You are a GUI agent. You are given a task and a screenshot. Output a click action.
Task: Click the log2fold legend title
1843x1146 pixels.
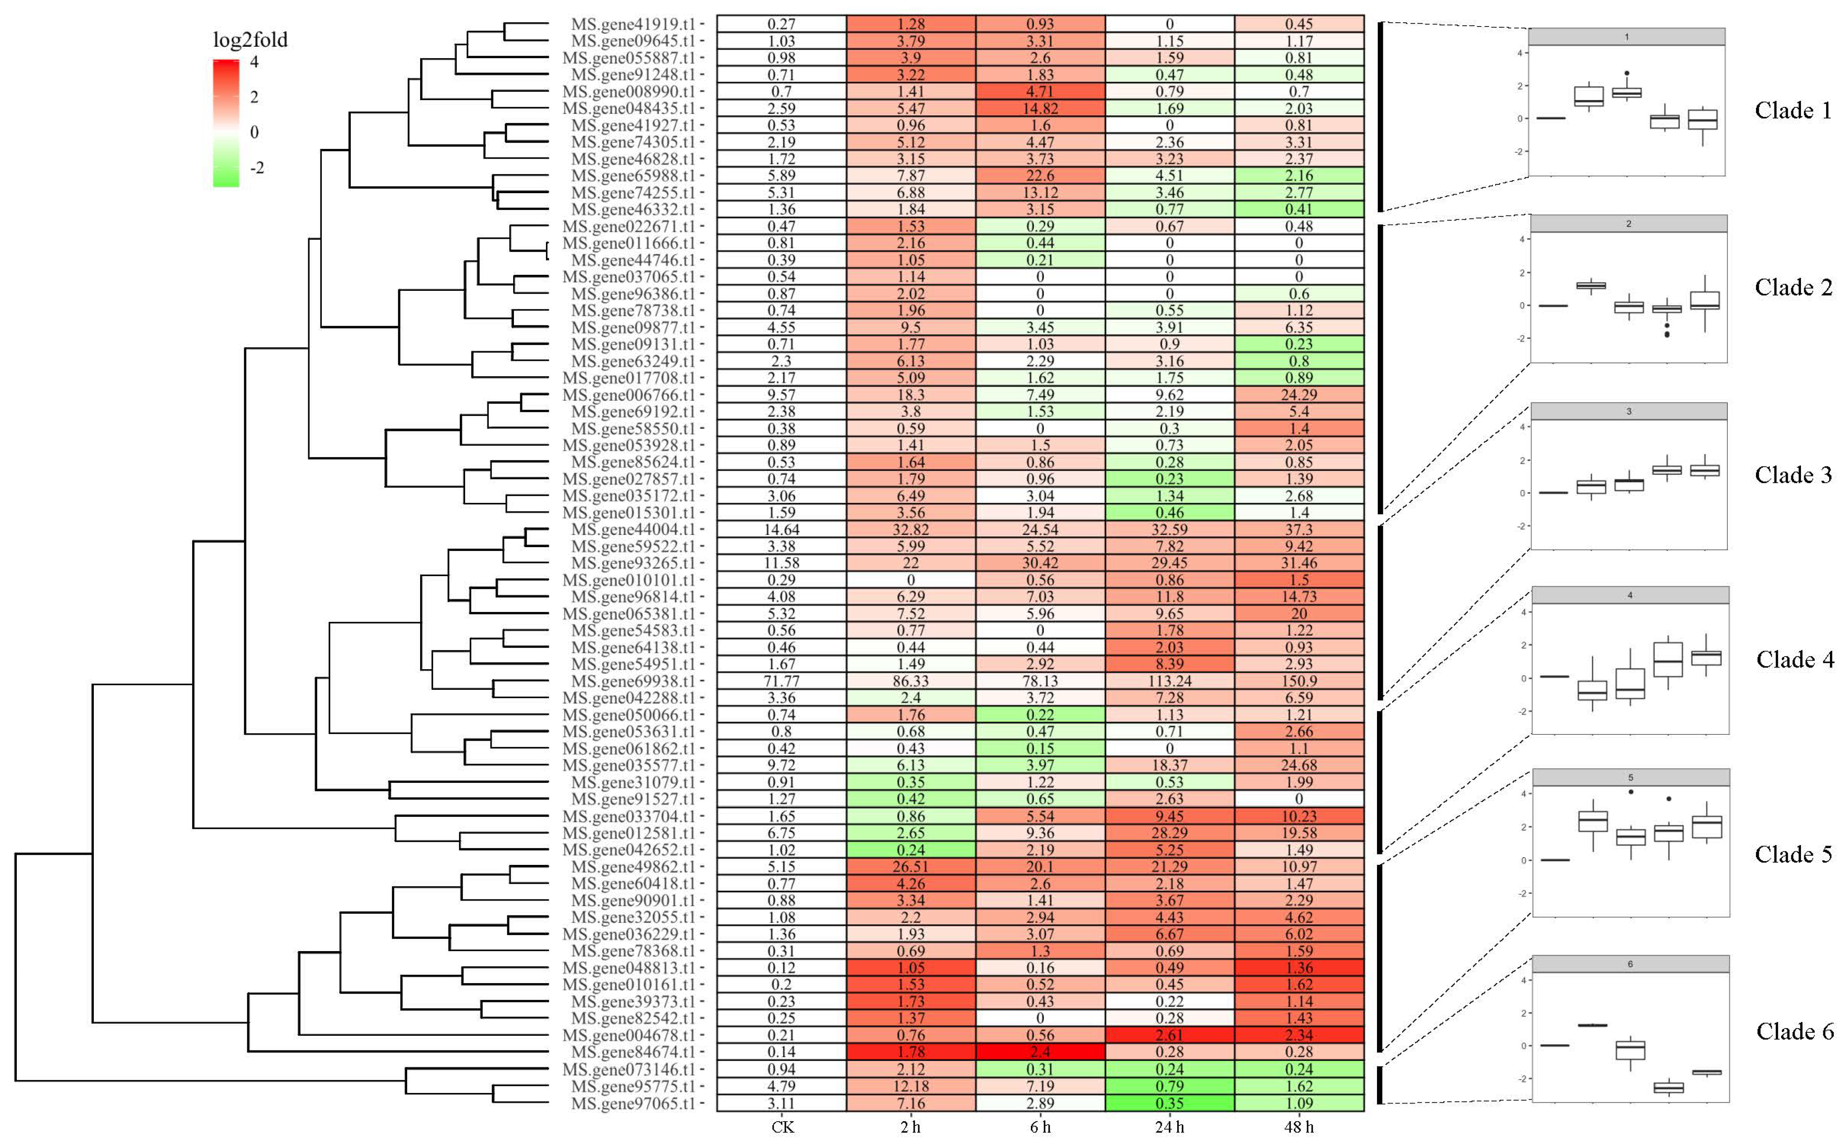250,40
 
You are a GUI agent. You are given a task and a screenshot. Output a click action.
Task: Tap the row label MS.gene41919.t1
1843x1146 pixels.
633,24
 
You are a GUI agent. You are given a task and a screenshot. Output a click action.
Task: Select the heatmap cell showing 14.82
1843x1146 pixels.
1040,109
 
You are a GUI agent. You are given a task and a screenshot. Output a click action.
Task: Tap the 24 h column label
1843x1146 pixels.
1170,1127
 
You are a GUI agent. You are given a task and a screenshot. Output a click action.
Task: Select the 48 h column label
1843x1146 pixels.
1299,1127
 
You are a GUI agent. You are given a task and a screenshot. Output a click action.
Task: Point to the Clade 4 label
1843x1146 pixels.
1795,659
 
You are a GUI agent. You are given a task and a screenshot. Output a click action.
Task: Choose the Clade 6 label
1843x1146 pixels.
1795,1032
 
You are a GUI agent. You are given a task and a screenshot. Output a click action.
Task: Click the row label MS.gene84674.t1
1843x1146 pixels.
633,1052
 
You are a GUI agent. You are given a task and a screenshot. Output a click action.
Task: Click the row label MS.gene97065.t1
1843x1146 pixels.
633,1103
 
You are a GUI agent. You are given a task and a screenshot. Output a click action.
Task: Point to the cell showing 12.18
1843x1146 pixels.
911,1086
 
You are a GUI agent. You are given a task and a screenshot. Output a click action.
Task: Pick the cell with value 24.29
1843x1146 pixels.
1299,395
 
